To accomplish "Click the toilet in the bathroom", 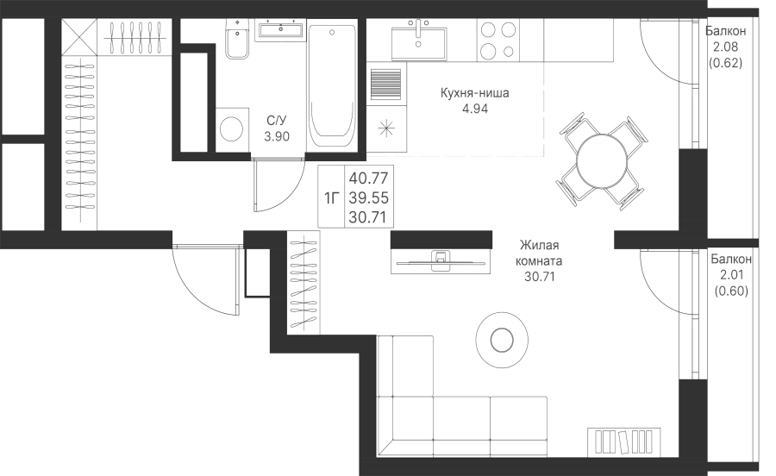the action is (x=238, y=39).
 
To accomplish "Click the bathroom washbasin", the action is (x=280, y=30).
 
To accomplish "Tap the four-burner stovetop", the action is (x=498, y=40).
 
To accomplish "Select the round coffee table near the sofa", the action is (x=502, y=340).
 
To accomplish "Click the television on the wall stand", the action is (x=441, y=261).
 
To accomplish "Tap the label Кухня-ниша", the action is (x=474, y=92).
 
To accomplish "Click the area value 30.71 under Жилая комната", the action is (x=540, y=277).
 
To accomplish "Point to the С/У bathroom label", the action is (x=277, y=120).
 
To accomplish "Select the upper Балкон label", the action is (x=725, y=31).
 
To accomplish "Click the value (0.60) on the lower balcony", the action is (x=731, y=291).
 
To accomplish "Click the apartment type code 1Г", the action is (x=332, y=198).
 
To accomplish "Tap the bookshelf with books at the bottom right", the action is (x=623, y=442).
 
